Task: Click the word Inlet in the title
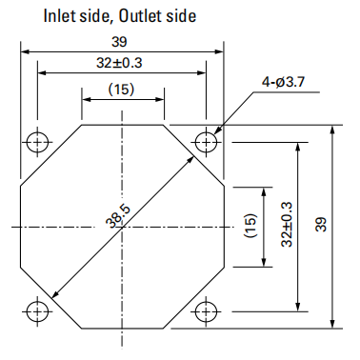(x=57, y=16)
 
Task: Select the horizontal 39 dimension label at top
(x=119, y=42)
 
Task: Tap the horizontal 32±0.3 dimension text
(x=119, y=63)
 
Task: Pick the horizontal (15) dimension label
(x=121, y=90)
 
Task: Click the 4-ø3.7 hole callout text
(x=283, y=82)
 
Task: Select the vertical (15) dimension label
(x=250, y=226)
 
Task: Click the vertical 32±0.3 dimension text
(x=287, y=224)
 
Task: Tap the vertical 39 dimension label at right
(x=321, y=224)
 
